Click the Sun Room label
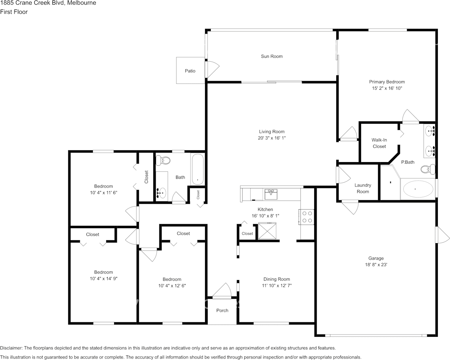point(272,56)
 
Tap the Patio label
point(190,71)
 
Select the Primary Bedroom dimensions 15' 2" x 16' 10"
point(387,88)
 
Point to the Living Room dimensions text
point(271,138)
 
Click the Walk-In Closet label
point(379,143)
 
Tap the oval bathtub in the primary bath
point(418,189)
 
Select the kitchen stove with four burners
point(307,217)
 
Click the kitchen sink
point(271,194)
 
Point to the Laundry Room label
point(363,188)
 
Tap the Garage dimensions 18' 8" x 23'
point(375,264)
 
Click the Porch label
point(222,311)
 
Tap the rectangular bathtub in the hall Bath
point(197,169)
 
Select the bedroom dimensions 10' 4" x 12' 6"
point(172,285)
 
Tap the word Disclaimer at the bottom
point(11,348)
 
